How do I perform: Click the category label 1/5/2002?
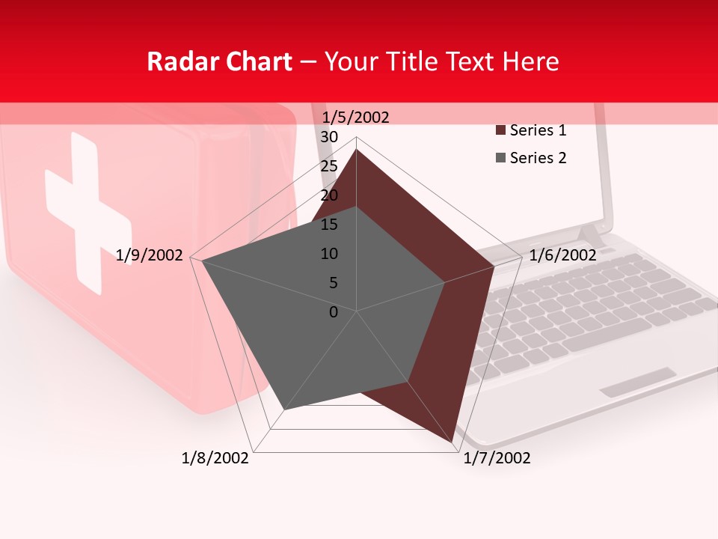click(x=355, y=117)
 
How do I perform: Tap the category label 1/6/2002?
click(x=562, y=255)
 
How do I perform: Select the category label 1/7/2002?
click(x=497, y=457)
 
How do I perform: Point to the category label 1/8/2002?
click(x=215, y=457)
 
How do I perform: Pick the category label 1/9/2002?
click(x=150, y=255)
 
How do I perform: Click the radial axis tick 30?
click(x=329, y=137)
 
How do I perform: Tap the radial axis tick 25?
click(x=329, y=166)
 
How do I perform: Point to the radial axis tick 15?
click(x=329, y=225)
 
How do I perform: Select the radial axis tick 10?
click(x=329, y=254)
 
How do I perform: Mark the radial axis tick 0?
click(x=334, y=312)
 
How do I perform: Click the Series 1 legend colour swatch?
click(x=500, y=131)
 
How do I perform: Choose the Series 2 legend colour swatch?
click(x=500, y=158)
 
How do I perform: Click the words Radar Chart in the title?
click(x=219, y=61)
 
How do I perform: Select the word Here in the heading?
click(x=530, y=61)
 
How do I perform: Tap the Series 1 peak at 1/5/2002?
click(x=356, y=150)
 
